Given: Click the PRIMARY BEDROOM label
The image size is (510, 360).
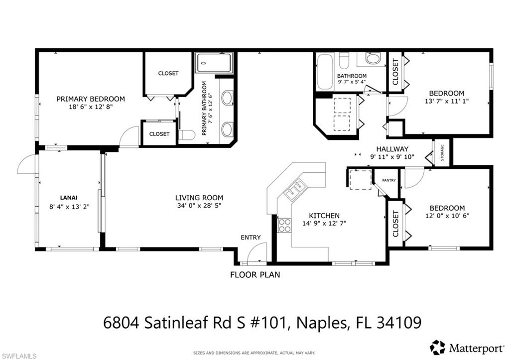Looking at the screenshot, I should click(x=90, y=99).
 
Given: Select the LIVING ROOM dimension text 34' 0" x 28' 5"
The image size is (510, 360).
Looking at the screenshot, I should click(x=199, y=205).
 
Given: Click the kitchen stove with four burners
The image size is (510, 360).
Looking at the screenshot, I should click(x=284, y=225).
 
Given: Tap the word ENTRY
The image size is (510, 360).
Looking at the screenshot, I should click(x=251, y=237).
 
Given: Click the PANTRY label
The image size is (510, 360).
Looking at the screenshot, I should click(x=388, y=180).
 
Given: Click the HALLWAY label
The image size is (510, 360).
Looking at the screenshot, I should click(x=392, y=149).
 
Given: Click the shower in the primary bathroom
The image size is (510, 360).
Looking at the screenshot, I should click(x=214, y=63).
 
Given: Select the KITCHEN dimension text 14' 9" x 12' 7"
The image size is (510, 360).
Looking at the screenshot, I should click(x=324, y=223).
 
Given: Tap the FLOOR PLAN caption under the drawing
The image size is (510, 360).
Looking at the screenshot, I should click(x=255, y=274).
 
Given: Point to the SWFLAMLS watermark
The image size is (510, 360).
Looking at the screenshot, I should click(x=18, y=356).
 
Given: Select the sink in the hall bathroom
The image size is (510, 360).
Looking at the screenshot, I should click(x=373, y=59).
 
